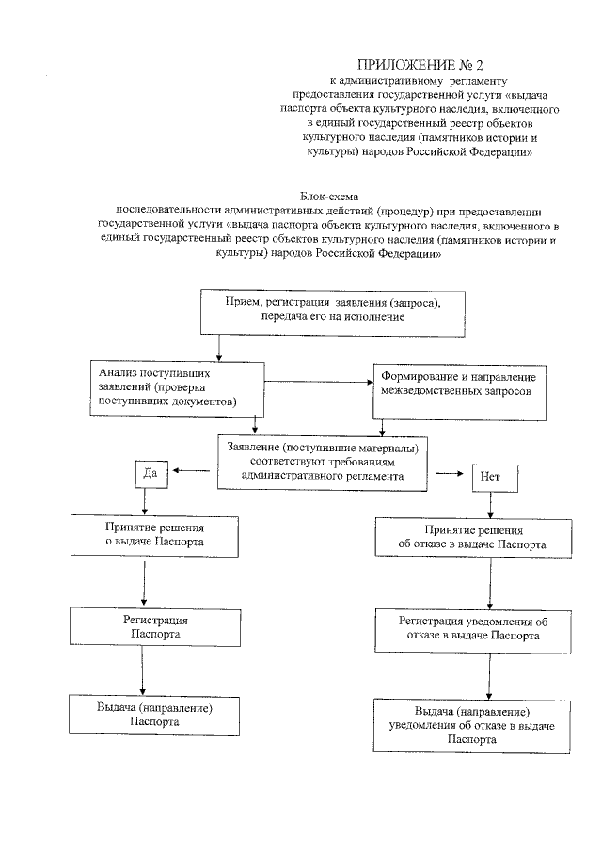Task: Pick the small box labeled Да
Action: coord(150,474)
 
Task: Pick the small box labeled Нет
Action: coord(489,477)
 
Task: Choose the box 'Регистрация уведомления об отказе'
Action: coord(472,628)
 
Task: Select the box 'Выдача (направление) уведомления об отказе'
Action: coord(472,724)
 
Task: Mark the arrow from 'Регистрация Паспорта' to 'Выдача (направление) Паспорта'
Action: coord(143,673)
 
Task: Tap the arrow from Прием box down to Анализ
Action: coord(219,344)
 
